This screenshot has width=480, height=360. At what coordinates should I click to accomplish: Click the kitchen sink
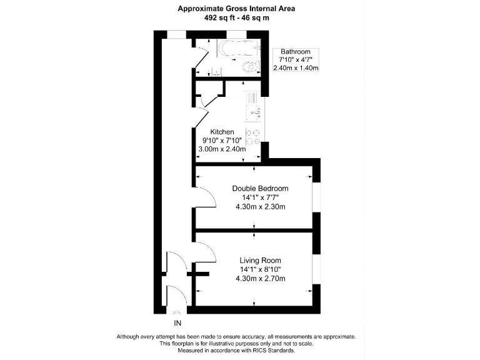coord(253,114)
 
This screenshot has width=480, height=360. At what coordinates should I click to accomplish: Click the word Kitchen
coord(222,132)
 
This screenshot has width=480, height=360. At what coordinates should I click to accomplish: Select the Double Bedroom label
coord(260,188)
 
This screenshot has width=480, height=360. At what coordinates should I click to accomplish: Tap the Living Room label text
coord(260,260)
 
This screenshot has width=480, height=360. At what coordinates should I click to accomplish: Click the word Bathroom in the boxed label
coord(295,51)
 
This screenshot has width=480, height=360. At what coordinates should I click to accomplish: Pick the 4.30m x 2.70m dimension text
coord(260,278)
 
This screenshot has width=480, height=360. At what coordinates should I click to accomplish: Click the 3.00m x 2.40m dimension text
coord(222,149)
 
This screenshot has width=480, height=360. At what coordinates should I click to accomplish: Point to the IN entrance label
coord(177,323)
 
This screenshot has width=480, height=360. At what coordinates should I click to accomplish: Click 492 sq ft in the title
coord(217,18)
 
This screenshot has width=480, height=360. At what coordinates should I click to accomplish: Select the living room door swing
coord(205,252)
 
